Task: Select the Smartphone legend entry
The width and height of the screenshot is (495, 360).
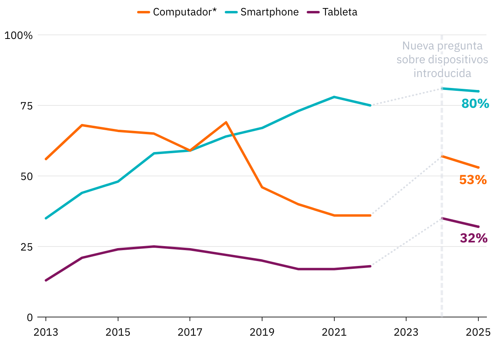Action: coord(269,12)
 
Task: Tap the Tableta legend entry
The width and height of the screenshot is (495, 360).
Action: coord(340,12)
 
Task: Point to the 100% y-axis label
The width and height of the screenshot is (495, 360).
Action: coord(18,35)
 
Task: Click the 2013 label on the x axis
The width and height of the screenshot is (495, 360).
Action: coord(45,332)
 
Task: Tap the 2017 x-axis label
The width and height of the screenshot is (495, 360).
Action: coord(190,332)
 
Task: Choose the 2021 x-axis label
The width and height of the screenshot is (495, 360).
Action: coord(334,332)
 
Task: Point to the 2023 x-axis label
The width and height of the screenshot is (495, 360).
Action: coord(406,332)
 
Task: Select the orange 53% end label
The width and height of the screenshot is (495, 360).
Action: coord(473,180)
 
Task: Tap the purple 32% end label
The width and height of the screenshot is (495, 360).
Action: coord(473,238)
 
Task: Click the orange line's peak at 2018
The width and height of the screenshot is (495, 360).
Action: coord(226,122)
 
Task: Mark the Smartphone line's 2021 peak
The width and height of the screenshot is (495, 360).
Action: coord(334,97)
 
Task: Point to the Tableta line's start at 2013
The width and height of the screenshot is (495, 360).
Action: coord(45,281)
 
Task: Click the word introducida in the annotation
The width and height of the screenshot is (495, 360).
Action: coord(442,73)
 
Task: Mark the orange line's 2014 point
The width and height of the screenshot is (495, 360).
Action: coord(82,125)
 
